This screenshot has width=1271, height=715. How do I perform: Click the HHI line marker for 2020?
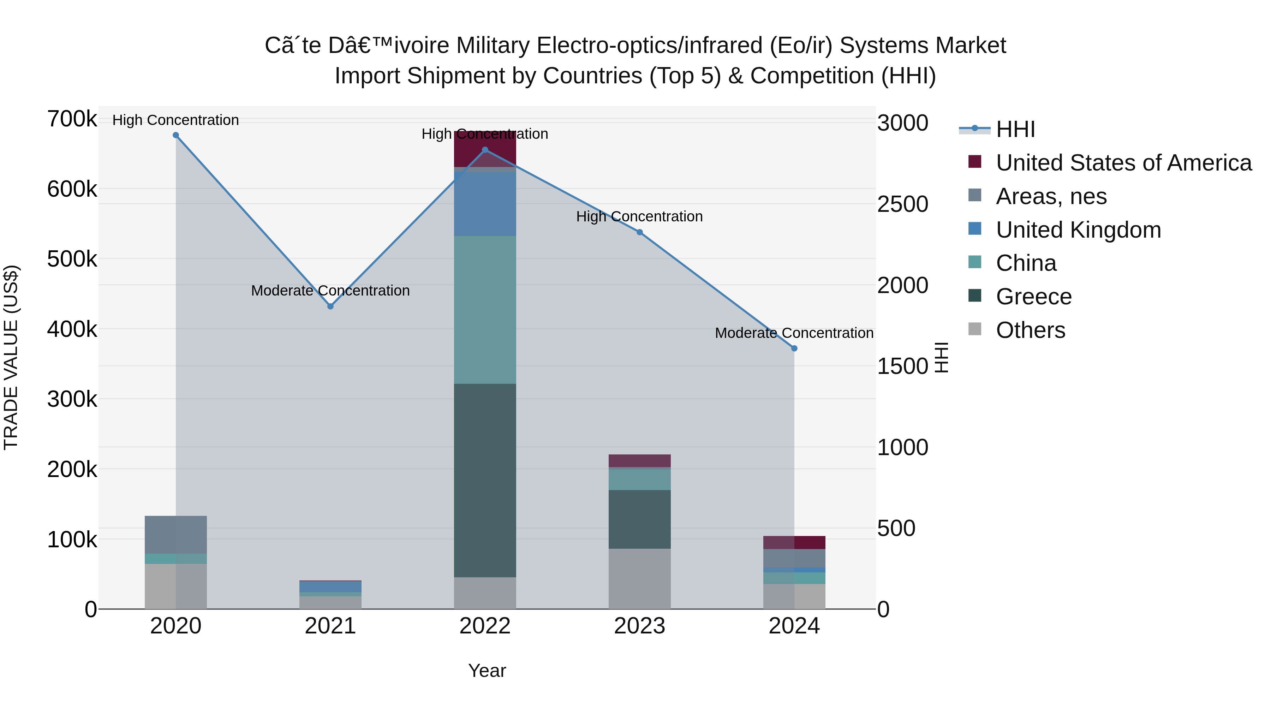pos(176,135)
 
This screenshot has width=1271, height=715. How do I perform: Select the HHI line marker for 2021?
pos(330,306)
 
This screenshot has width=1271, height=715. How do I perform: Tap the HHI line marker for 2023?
pos(639,232)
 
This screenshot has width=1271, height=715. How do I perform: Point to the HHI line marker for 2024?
pos(794,348)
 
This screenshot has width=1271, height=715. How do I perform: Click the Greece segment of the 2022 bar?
pos(485,480)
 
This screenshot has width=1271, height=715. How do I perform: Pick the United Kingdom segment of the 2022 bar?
pos(485,204)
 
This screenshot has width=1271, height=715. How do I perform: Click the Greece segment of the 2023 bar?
pos(639,519)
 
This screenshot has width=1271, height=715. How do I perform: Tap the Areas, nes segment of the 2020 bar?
pos(176,535)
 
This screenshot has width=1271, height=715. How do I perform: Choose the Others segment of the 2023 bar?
pos(639,578)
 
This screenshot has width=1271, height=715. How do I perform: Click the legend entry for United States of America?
pos(1123,163)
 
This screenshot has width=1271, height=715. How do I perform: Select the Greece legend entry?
pos(1034,297)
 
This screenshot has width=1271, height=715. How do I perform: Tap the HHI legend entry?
pos(1015,129)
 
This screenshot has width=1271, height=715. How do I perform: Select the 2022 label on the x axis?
pos(485,626)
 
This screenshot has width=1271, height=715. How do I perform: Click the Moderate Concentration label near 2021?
pos(330,291)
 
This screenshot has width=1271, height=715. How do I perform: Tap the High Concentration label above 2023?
pos(639,217)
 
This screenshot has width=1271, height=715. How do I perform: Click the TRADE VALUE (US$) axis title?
pos(11,357)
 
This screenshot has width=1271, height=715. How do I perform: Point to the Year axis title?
pos(487,671)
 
